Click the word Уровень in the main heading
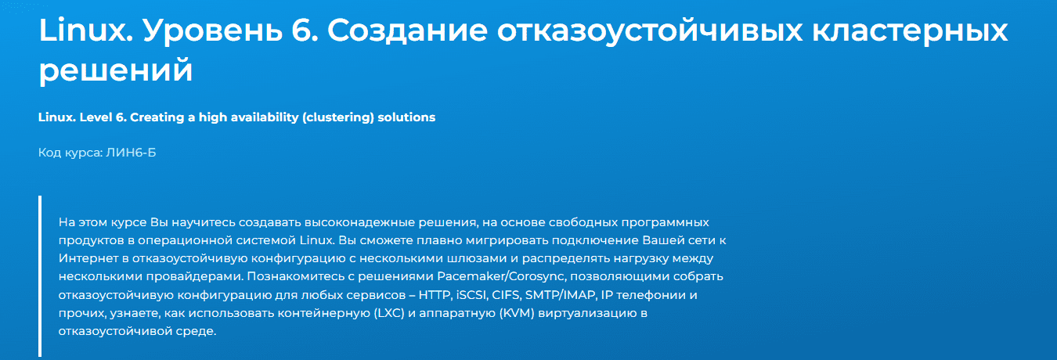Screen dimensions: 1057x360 pos(212,31)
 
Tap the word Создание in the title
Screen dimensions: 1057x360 pos(407,31)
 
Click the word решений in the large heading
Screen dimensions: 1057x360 pos(116,70)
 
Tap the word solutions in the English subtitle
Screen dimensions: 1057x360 pos(406,117)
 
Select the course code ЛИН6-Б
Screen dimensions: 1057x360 pos(131,153)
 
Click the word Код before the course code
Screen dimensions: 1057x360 pos(49,153)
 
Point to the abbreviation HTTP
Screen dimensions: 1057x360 pos(435,295)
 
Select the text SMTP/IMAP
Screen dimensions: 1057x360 pos(560,295)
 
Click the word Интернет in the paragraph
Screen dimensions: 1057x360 pos(88,258)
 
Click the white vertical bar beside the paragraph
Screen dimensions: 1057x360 pos(40,276)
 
